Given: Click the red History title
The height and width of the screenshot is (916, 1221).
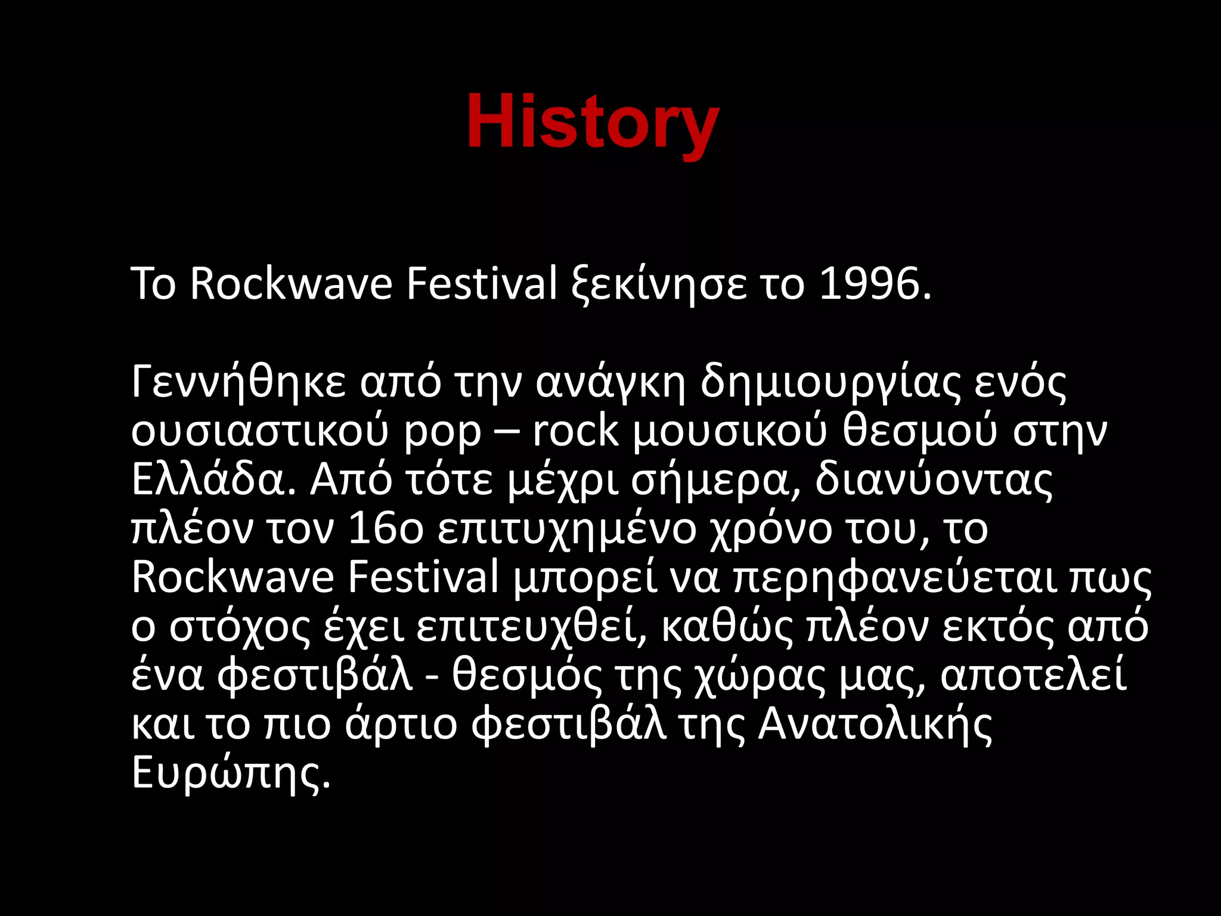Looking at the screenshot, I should click(593, 122).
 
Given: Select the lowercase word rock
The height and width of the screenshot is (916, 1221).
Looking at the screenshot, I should click(576, 431).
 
